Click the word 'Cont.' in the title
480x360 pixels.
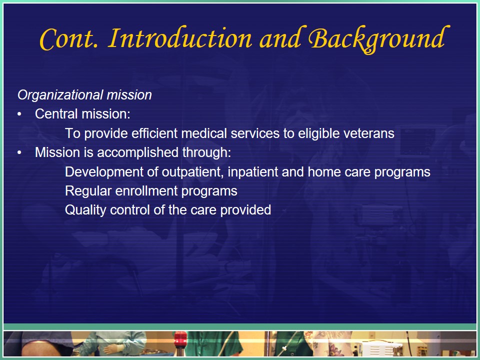[69, 39]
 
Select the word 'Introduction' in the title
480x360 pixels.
[180, 38]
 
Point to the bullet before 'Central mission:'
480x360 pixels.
[19, 114]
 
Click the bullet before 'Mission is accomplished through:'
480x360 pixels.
[19, 152]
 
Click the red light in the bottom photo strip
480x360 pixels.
[180, 339]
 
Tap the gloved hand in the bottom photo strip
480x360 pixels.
[111, 349]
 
